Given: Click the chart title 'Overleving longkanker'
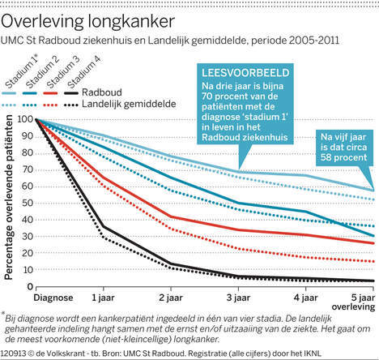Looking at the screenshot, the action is [x=87, y=22].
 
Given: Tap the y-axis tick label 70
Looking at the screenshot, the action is [x=27, y=169].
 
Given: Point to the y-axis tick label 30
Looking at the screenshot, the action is [x=27, y=237].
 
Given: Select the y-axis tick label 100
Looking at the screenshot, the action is [x=25, y=119].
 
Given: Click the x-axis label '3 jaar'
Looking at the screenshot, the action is [x=238, y=298].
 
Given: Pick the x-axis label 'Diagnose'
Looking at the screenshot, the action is [x=53, y=298].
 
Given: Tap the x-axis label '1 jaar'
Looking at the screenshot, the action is [x=103, y=298].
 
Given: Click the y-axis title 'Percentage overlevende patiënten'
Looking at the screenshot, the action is [x=8, y=197].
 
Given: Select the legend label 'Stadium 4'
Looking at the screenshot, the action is [x=83, y=72].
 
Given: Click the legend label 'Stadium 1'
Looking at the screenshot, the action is [x=22, y=72].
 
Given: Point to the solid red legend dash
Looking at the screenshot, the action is [x=50, y=93].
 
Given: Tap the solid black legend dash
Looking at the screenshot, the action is [x=71, y=93].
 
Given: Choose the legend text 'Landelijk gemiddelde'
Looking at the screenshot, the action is [x=129, y=104].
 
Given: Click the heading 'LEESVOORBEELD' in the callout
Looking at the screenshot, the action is [x=245, y=73].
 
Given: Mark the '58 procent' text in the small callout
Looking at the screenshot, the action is [x=343, y=157].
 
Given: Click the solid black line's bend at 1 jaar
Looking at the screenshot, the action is [x=103, y=226].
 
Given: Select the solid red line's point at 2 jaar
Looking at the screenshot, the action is [x=171, y=216].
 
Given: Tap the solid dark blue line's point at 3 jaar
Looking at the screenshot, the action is [x=238, y=203].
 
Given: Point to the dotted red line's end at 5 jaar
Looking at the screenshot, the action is [x=373, y=261].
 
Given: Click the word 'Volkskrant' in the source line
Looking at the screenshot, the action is [x=57, y=354].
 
